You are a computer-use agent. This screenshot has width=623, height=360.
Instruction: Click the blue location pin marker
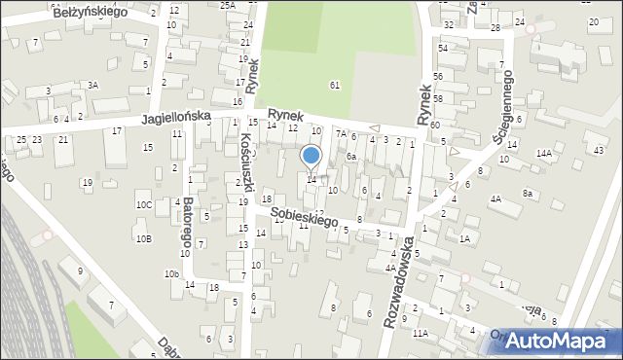(311, 156)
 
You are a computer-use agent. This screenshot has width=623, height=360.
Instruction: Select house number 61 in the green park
(335, 86)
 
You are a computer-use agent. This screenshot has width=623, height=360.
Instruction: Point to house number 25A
(228, 6)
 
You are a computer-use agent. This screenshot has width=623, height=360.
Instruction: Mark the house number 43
(599, 150)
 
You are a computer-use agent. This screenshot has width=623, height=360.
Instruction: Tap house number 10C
(144, 205)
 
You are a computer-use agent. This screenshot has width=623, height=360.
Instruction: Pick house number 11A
(420, 334)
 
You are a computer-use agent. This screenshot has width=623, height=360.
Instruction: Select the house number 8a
(529, 194)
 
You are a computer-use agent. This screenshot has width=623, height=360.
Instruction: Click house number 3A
(92, 86)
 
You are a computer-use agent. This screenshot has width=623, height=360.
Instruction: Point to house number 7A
(341, 133)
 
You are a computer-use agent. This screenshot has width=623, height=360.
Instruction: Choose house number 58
(438, 99)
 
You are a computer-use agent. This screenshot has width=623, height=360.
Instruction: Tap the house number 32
(448, 24)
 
